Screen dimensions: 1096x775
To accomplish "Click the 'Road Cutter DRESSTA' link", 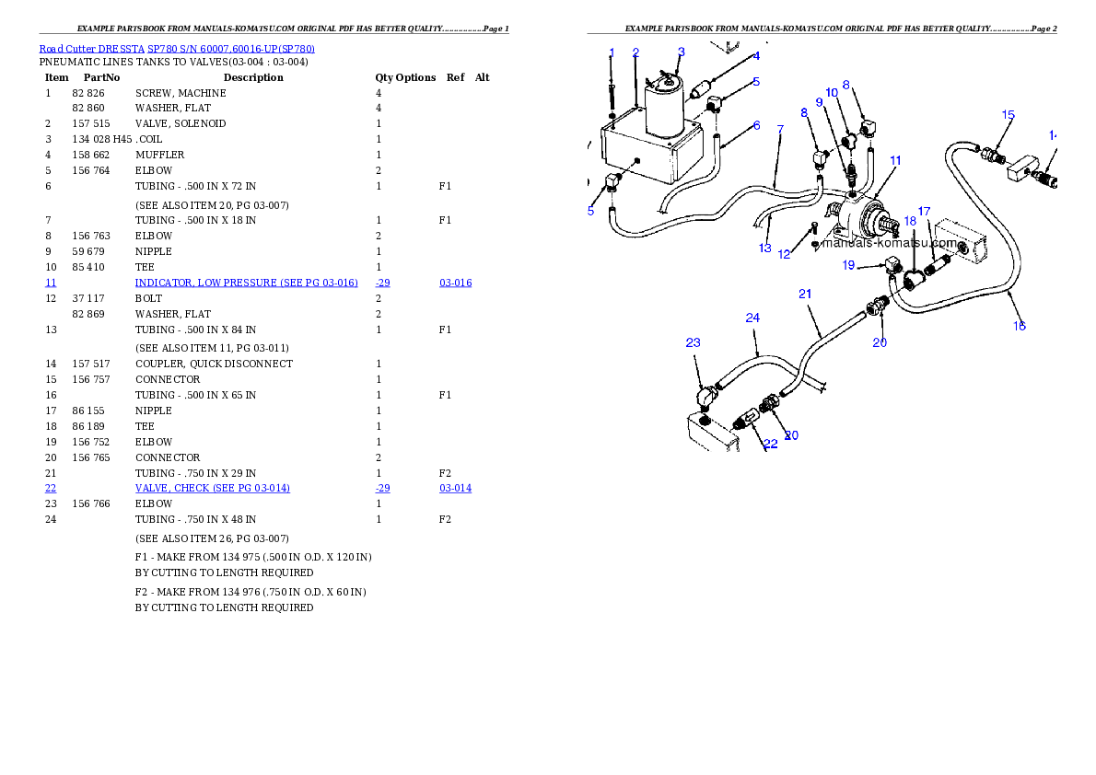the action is tap(91, 49).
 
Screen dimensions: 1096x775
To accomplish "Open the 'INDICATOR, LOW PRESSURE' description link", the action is tap(246, 283).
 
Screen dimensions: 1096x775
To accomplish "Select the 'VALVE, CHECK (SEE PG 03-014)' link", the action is tap(213, 489).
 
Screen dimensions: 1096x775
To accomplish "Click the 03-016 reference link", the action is tap(455, 283).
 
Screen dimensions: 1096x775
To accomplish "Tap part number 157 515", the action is tap(91, 123).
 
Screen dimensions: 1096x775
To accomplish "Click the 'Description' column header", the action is tap(253, 77).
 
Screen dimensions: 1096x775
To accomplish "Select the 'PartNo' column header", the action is tap(101, 77).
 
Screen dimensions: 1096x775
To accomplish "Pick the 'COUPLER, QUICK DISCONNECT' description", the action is tap(214, 364).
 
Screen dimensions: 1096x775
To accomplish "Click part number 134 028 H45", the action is tap(102, 140).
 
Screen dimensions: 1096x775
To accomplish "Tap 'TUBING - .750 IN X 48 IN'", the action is tap(195, 520).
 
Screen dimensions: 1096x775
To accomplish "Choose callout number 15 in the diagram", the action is tap(1008, 115).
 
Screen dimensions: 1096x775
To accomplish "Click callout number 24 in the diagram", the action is tap(752, 318).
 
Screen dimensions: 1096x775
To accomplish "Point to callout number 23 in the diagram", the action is tap(693, 342).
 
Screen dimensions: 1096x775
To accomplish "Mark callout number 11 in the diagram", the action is tap(895, 161).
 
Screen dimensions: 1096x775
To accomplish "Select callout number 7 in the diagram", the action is tap(780, 129).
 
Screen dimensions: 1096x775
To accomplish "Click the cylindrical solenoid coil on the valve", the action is tap(663, 109).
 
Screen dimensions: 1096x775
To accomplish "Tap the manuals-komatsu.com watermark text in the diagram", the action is tap(889, 243).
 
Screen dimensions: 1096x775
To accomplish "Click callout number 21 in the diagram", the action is tap(805, 295).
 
